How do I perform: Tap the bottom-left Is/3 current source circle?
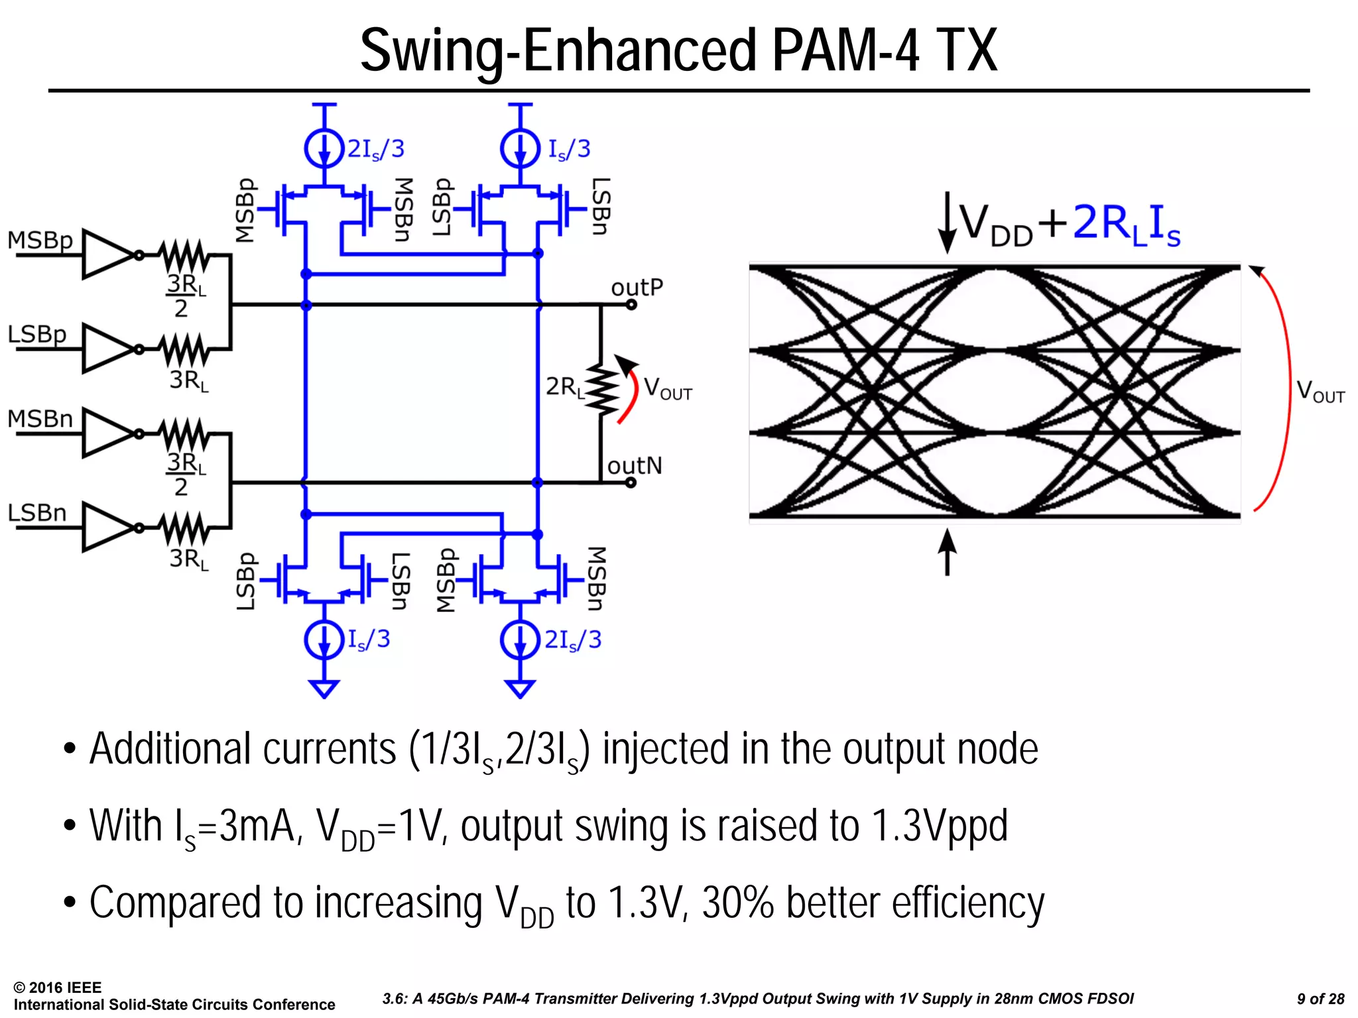pos(324,640)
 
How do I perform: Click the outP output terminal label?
pos(637,288)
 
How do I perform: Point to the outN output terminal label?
pos(634,466)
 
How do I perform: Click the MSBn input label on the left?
pos(40,420)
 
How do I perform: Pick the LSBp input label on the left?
pos(37,334)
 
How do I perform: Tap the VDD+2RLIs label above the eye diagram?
pos(1069,224)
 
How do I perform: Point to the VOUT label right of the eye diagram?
pos(1320,391)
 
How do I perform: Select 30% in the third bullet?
pos(737,903)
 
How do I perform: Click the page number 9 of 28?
pos(1320,999)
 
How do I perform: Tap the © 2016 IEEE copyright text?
pos(58,988)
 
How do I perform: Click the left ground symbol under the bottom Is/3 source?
pos(324,689)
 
